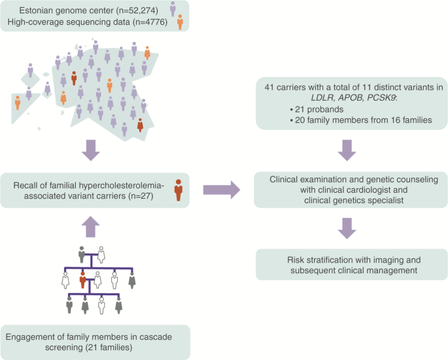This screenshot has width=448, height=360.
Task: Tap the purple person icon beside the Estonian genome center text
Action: click(172, 8)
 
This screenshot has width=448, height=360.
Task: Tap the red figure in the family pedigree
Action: click(82, 280)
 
